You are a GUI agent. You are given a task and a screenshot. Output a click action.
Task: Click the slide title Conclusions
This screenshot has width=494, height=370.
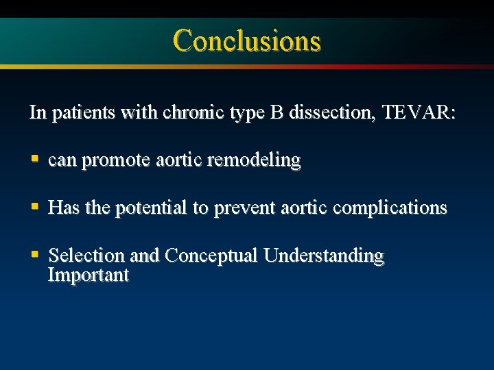[246, 40]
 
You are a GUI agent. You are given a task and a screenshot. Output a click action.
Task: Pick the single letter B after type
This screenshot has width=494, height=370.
[276, 112]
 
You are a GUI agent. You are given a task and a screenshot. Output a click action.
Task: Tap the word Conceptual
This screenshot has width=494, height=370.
[211, 256]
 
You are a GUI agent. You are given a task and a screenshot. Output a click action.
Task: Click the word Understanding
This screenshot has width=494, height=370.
[324, 256]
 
